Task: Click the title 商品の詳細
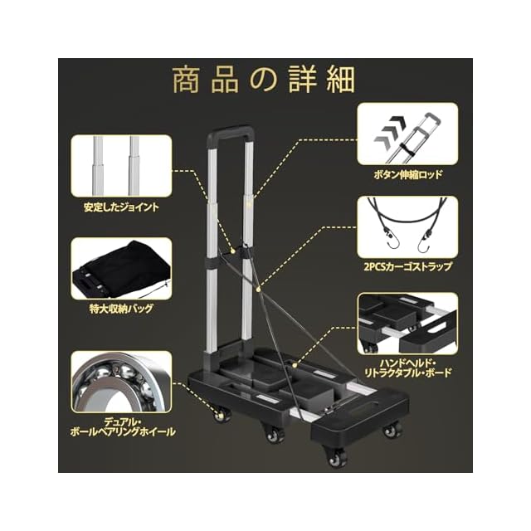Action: [264, 80]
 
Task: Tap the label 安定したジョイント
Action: [121, 207]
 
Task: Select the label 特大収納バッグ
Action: [121, 309]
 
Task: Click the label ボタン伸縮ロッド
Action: [408, 175]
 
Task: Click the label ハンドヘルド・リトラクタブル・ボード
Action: [407, 368]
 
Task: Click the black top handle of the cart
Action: [229, 133]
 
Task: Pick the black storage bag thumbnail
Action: [121, 268]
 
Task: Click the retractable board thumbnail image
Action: [407, 324]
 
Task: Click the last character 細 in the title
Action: [340, 80]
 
